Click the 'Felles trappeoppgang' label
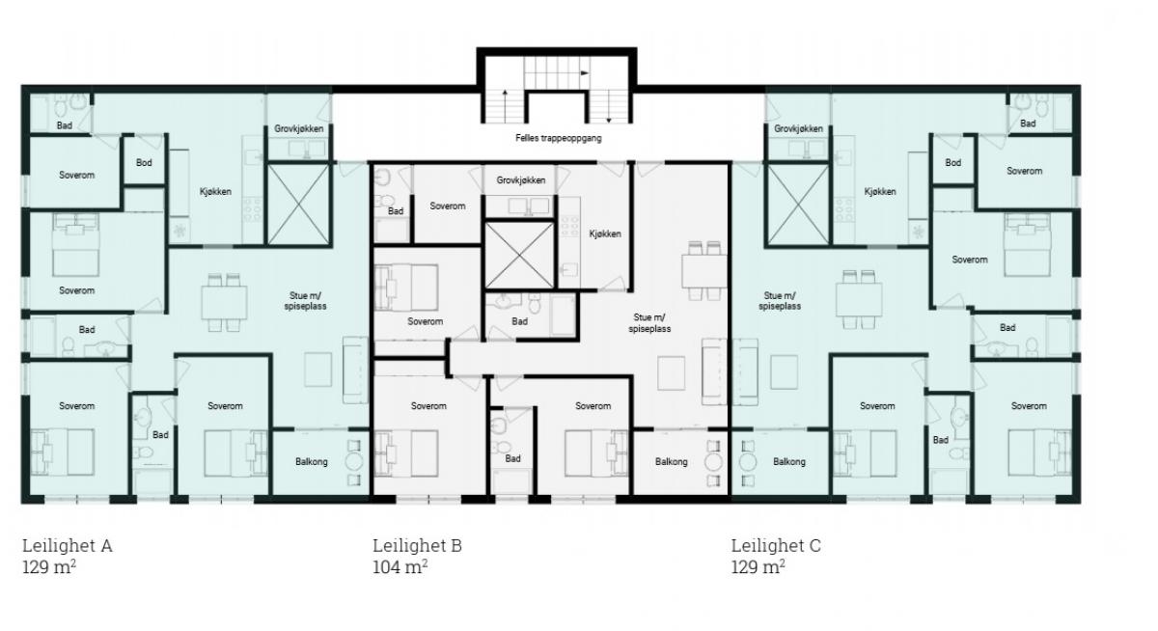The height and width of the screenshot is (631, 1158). pyautogui.click(x=559, y=138)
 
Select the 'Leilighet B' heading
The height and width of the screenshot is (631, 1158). pyautogui.click(x=417, y=546)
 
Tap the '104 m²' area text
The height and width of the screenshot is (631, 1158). pyautogui.click(x=400, y=567)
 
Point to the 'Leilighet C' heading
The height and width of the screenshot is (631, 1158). pyautogui.click(x=776, y=546)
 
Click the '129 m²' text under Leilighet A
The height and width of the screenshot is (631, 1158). pyautogui.click(x=49, y=567)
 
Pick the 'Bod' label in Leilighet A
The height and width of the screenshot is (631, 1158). pyautogui.click(x=144, y=163)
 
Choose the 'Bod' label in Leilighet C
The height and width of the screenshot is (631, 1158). pyautogui.click(x=953, y=163)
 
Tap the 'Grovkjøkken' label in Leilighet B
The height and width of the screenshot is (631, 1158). pyautogui.click(x=520, y=180)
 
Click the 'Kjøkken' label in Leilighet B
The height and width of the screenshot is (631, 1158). pyautogui.click(x=605, y=234)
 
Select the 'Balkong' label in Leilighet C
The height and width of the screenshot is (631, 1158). pyautogui.click(x=789, y=461)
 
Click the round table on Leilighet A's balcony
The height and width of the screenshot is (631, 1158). pyautogui.click(x=354, y=462)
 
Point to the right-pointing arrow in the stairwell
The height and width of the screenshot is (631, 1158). pyautogui.click(x=584, y=73)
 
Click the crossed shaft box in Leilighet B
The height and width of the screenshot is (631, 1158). pyautogui.click(x=519, y=256)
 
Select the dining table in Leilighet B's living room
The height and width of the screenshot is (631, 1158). pyautogui.click(x=704, y=271)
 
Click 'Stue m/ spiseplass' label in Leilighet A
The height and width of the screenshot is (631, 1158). pyautogui.click(x=305, y=301)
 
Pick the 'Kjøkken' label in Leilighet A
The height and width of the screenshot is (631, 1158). pyautogui.click(x=215, y=192)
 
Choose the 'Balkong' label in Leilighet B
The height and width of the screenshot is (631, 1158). pyautogui.click(x=671, y=461)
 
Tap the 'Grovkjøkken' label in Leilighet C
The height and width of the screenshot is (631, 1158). pyautogui.click(x=798, y=128)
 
